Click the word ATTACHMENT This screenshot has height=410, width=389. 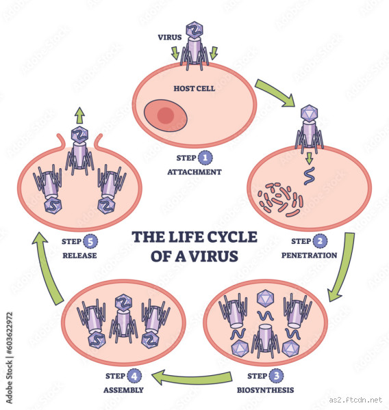pos(194,172)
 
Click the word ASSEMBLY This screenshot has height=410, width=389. pos(124,390)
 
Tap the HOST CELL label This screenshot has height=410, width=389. pos(194,87)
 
